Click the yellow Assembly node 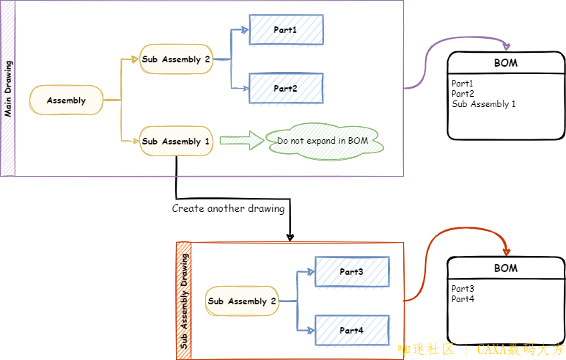66,100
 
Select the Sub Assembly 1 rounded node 176,141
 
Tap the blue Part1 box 286,30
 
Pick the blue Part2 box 286,88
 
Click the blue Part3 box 351,272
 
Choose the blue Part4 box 351,330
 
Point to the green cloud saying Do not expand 327,140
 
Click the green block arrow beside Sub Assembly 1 240,141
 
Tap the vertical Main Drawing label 8,89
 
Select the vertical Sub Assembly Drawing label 184,301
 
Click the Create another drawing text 228,208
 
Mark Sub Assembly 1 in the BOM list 484,104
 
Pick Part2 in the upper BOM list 463,94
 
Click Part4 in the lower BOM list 463,299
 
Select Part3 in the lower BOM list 463,289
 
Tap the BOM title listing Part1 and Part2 506,63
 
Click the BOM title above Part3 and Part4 506,268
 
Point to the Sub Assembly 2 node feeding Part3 242,301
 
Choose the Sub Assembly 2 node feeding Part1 176,59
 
